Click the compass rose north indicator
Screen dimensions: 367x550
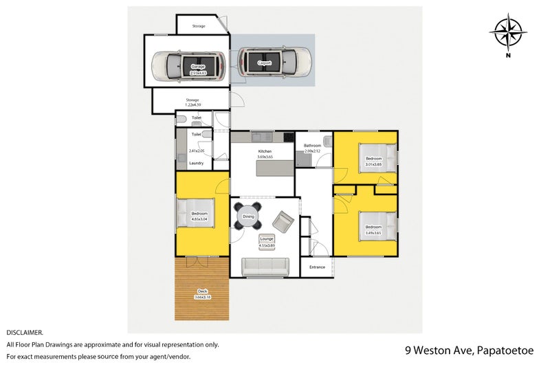tap(508, 33)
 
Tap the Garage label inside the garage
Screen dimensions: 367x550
tap(198, 67)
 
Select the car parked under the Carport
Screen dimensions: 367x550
tap(274, 63)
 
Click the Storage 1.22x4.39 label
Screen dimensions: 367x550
tap(192, 102)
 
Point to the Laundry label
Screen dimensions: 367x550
tap(196, 163)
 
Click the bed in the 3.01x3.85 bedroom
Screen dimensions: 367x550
tap(377, 157)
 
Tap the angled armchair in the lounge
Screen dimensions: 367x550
tap(283, 221)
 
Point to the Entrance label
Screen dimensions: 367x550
tap(317, 267)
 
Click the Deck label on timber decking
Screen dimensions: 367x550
tap(203, 293)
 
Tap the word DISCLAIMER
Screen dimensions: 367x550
tap(25, 332)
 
